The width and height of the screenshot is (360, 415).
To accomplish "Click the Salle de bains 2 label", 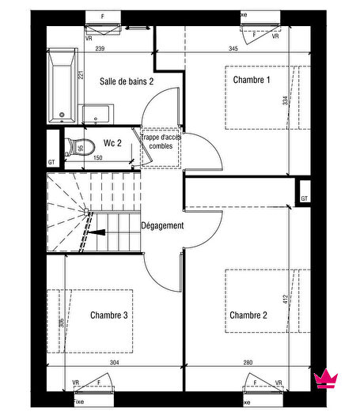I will tap(126, 81).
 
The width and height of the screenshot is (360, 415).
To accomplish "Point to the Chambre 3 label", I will tap(108, 315).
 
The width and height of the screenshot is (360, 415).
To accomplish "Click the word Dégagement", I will tap(162, 226).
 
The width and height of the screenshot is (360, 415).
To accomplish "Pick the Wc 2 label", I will tap(112, 143).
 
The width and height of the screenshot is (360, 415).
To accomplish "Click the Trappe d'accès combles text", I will tap(161, 146).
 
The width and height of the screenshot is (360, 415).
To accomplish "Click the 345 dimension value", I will tap(233, 49).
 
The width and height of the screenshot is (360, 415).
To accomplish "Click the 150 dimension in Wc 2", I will tap(98, 158).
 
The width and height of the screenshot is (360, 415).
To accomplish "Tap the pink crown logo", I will tap(324, 379).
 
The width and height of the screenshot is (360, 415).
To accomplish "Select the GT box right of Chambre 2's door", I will tap(304, 198).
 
